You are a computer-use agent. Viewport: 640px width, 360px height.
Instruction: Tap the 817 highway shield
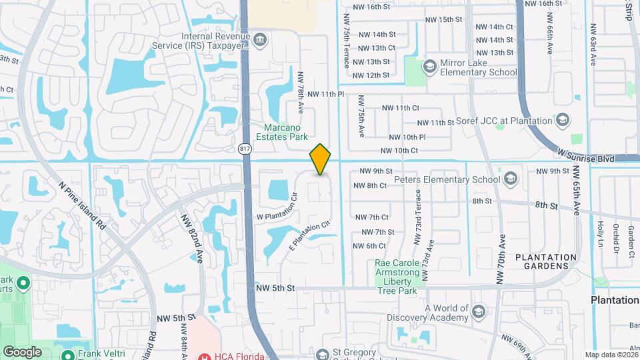(x=245, y=148)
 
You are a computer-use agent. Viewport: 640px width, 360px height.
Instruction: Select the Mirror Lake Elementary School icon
(x=430, y=65)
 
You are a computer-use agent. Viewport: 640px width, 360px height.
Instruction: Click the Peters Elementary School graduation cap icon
(x=511, y=179)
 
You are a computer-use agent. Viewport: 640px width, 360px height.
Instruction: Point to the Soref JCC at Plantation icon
(x=563, y=121)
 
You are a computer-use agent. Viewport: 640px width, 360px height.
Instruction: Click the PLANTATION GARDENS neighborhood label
(x=546, y=261)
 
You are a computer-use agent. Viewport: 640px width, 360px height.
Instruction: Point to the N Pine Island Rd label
(x=83, y=206)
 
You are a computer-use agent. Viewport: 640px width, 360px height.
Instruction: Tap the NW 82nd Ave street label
(x=190, y=237)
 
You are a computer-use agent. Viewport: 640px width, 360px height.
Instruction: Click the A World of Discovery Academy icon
(x=478, y=312)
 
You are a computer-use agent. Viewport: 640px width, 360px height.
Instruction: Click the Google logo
(x=23, y=351)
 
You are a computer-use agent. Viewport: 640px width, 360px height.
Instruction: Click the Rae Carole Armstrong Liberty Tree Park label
(x=397, y=277)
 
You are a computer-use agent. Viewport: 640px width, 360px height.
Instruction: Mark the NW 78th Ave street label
(x=301, y=91)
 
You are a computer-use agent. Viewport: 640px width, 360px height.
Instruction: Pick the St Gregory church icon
(x=323, y=354)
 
